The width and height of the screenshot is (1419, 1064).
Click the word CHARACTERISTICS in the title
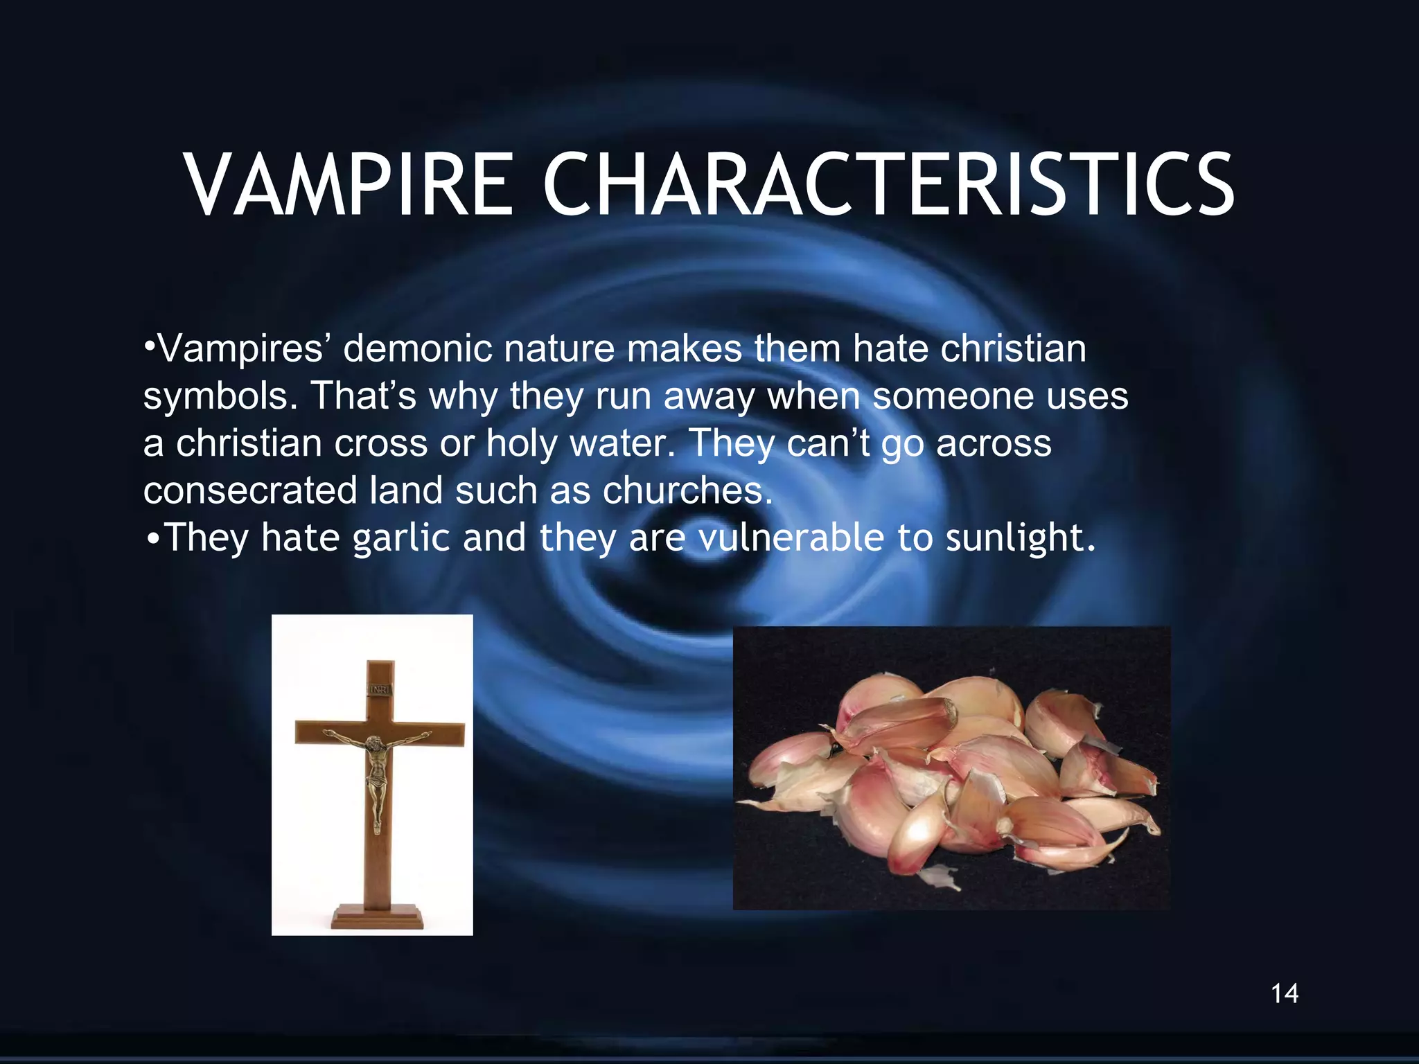pyautogui.click(x=888, y=185)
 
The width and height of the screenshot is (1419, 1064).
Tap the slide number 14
pyautogui.click(x=1285, y=993)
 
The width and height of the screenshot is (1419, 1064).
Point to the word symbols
pyautogui.click(x=220, y=396)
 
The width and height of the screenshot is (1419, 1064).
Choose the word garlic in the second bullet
pyautogui.click(x=402, y=538)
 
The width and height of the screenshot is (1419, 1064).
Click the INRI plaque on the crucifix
pyautogui.click(x=380, y=689)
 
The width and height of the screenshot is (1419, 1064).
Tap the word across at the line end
pyautogui.click(x=994, y=443)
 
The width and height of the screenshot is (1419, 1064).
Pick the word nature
pyautogui.click(x=559, y=348)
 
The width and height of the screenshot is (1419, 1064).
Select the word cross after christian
pyautogui.click(x=381, y=443)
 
